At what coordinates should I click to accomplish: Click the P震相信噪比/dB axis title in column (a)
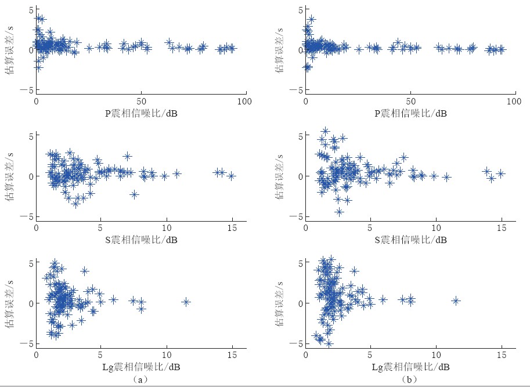[141, 113]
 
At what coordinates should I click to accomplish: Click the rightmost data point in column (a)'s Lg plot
[186, 302]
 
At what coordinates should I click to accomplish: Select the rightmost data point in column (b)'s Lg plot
[456, 301]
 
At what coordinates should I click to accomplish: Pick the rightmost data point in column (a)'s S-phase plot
[232, 176]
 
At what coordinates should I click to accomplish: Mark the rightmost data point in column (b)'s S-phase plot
[501, 173]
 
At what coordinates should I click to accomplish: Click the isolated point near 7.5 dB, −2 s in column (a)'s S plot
[135, 194]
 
